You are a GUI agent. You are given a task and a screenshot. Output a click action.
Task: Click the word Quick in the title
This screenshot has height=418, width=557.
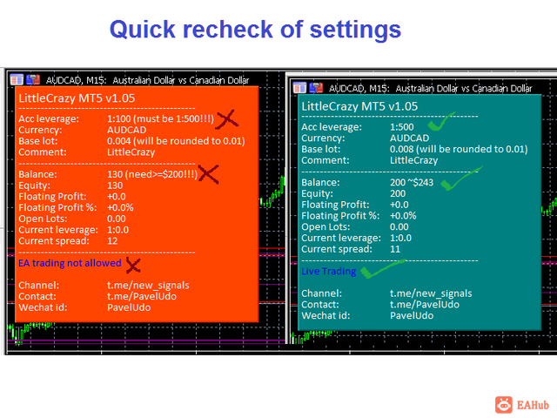[143, 30]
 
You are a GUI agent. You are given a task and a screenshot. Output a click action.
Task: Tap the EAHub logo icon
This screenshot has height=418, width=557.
[504, 405]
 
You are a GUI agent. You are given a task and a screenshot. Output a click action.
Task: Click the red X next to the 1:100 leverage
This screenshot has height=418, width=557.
[227, 119]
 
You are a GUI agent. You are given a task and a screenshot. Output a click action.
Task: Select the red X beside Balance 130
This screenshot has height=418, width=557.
[209, 174]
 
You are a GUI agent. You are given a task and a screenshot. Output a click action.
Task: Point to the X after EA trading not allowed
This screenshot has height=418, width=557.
[133, 265]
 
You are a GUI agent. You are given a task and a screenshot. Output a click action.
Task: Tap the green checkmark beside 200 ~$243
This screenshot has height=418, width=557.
[461, 178]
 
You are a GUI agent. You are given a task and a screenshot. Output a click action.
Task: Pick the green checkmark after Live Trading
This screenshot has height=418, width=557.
[383, 269]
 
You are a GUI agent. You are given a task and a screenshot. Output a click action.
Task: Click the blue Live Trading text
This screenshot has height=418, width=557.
[329, 271]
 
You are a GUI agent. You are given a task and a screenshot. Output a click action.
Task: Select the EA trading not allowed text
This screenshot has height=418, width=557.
[70, 263]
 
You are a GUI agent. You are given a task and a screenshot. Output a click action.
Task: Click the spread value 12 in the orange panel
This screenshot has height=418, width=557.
[112, 241]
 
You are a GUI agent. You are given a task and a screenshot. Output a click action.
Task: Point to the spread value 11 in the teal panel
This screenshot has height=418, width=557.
[395, 249]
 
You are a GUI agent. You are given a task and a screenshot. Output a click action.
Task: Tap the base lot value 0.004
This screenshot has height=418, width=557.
[119, 141]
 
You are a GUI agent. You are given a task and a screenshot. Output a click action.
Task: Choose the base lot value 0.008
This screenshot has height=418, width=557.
[402, 149]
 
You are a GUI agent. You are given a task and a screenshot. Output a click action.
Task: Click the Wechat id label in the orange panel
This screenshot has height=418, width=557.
[43, 307]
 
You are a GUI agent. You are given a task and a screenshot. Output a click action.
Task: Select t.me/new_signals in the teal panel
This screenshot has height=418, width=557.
[431, 293]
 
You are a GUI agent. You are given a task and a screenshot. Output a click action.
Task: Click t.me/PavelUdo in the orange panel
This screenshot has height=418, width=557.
[142, 296]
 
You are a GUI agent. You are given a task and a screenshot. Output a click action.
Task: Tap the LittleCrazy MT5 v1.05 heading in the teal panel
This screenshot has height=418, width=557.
[359, 106]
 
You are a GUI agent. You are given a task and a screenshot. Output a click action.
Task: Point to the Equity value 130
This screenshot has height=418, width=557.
[115, 185]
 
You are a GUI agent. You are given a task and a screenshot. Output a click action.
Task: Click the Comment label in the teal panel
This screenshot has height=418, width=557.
[325, 160]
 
